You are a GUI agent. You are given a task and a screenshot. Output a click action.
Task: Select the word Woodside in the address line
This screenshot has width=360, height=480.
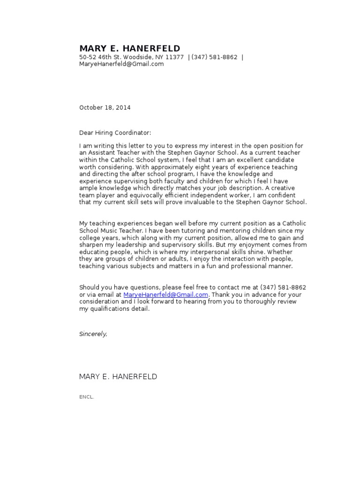(136, 57)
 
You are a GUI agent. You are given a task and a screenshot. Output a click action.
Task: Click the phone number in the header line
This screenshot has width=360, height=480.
(214, 57)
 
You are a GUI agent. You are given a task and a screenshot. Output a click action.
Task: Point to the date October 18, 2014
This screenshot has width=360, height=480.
(105, 107)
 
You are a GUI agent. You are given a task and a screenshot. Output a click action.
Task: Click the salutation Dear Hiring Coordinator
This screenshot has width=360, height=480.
(115, 133)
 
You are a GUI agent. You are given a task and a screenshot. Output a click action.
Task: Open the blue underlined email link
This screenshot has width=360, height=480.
(165, 295)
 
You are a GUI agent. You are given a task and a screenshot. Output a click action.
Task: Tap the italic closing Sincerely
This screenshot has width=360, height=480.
(93, 334)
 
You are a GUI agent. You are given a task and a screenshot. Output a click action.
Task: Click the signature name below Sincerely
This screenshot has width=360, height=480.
(118, 377)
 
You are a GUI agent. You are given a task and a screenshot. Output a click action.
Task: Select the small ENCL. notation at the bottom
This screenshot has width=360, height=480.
(87, 397)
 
